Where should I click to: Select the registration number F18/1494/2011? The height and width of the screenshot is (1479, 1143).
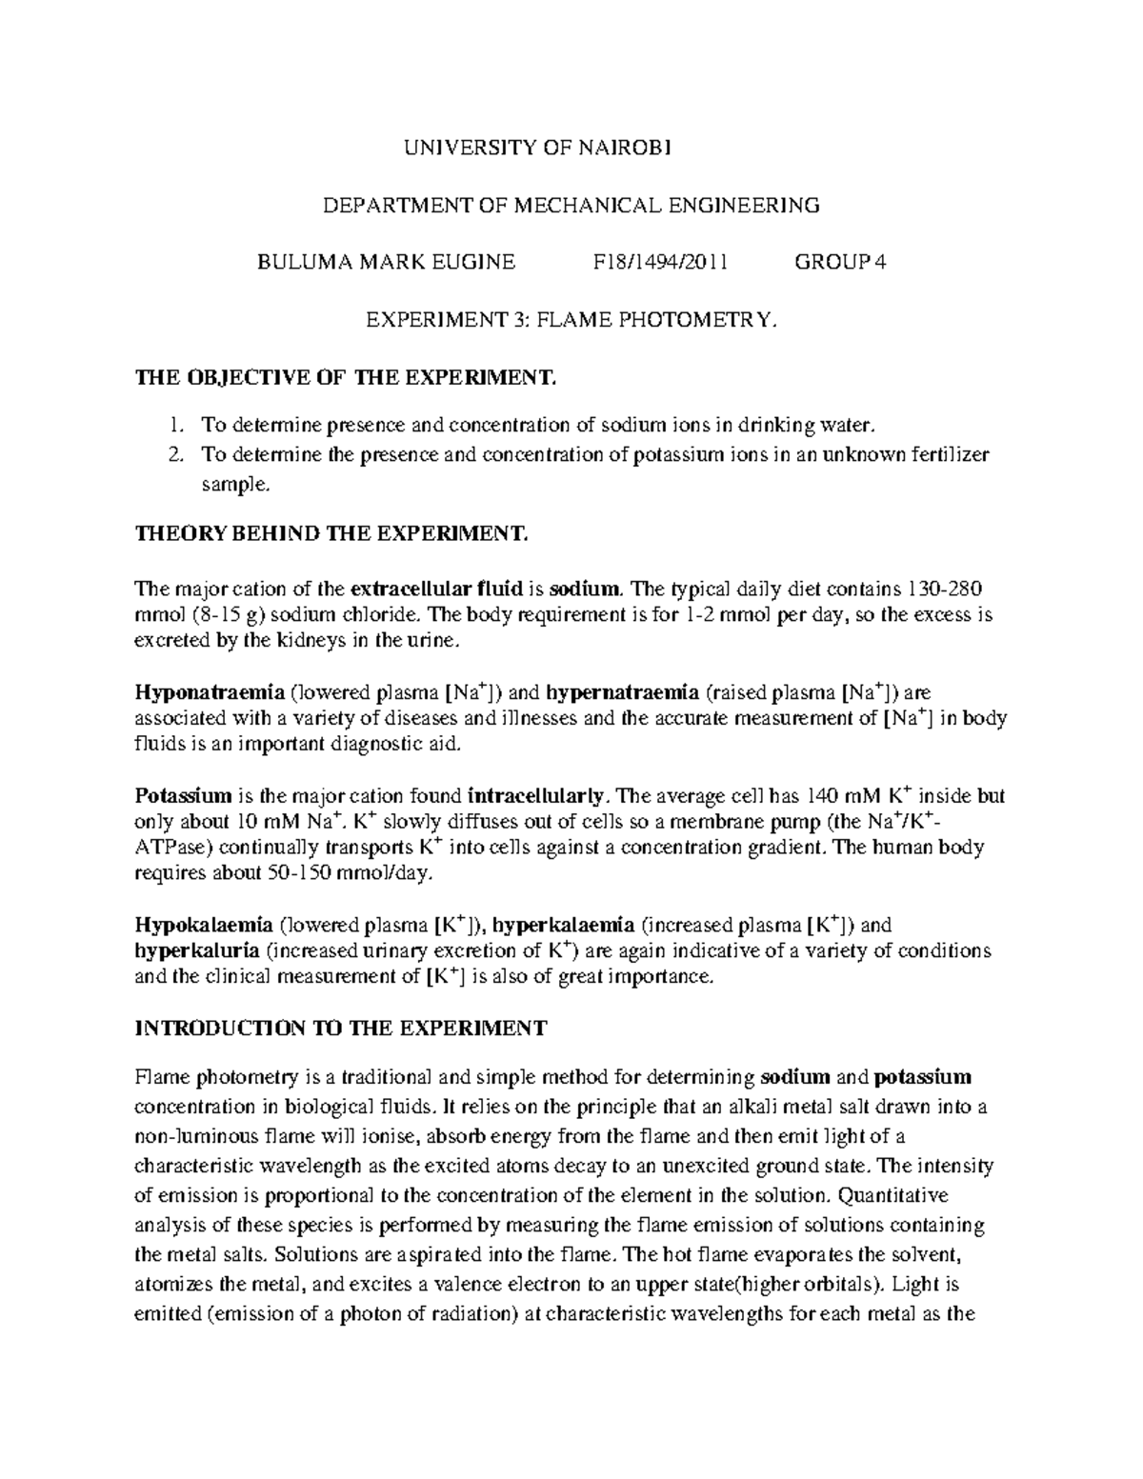point(660,263)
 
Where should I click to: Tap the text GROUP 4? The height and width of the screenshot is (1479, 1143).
point(840,263)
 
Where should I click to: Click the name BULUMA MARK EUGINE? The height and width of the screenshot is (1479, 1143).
point(387,263)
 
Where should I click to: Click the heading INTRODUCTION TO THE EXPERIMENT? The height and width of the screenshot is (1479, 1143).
point(341,1029)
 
